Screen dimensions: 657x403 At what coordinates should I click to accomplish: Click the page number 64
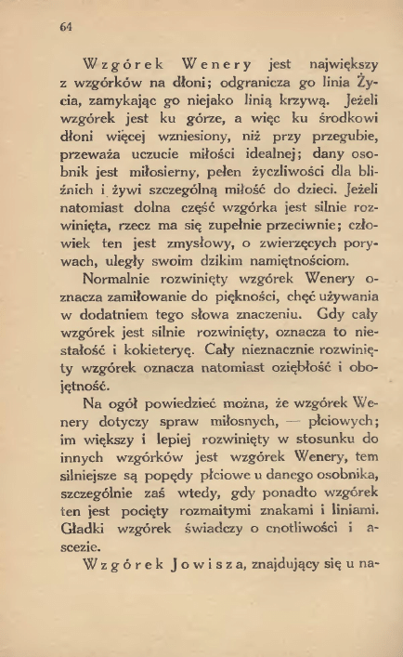64,27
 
